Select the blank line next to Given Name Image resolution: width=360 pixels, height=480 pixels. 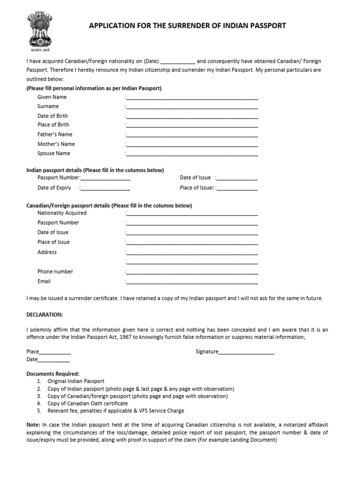(192, 97)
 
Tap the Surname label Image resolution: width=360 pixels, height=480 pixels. (48, 106)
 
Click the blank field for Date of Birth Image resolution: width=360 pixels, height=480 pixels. (192, 116)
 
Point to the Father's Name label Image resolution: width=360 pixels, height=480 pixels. (55, 135)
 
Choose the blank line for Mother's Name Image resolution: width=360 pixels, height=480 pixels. (192, 144)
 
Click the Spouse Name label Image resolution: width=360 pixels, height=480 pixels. (54, 153)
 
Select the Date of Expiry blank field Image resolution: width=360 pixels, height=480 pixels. (105, 188)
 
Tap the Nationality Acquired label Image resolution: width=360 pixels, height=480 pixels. (62, 213)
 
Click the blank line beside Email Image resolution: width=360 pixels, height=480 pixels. (192, 282)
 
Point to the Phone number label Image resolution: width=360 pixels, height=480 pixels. (55, 271)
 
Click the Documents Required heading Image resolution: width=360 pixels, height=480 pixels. (53, 374)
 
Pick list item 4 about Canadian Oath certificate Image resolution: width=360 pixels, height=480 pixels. (88, 403)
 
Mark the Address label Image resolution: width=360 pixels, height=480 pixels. (47, 252)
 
